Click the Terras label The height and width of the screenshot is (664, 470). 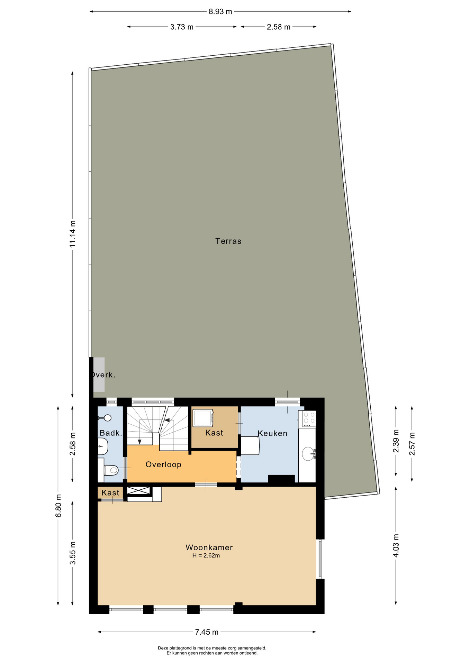pos(228,241)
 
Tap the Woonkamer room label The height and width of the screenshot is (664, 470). pos(209,547)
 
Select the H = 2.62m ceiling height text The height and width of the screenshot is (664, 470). pos(206,556)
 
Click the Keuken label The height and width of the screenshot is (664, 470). pos(272,433)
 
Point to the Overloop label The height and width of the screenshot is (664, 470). pos(163,464)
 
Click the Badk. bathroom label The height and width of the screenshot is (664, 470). pos(111,433)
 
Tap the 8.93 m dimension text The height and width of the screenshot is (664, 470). pos(220,12)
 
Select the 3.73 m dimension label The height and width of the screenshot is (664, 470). pos(182,27)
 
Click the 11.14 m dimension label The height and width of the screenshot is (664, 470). pos(72,234)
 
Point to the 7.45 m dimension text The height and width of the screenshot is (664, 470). pos(207,632)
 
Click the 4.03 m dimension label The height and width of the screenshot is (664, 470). pos(396,545)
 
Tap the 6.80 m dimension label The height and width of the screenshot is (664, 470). pos(58,506)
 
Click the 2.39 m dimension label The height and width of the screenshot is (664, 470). pos(396,441)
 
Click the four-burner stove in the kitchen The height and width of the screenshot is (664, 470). pos(307,419)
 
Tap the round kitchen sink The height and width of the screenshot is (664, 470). pos(308,454)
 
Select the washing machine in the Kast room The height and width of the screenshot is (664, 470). pos(203,418)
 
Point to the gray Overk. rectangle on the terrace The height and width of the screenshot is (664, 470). pos(99,375)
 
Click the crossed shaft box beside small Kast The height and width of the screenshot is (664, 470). pos(138,490)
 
